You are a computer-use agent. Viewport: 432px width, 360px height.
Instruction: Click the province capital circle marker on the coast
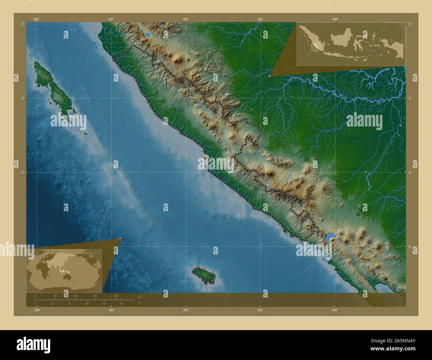click(206, 157)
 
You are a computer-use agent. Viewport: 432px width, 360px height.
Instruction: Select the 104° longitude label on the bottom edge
click(335, 310)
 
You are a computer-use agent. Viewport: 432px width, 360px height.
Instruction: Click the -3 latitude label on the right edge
click(409, 98)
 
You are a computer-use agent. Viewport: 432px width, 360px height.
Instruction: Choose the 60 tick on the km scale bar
click(75, 296)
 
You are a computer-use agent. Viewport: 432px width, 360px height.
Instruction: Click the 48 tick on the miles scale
click(87, 304)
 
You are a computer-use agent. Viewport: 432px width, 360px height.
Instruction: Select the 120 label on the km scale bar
click(116, 296)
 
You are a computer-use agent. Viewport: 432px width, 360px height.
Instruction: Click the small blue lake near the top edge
click(147, 35)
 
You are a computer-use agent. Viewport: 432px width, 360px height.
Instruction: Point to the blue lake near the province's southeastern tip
click(329, 238)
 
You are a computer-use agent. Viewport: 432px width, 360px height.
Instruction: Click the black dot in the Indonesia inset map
click(326, 51)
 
